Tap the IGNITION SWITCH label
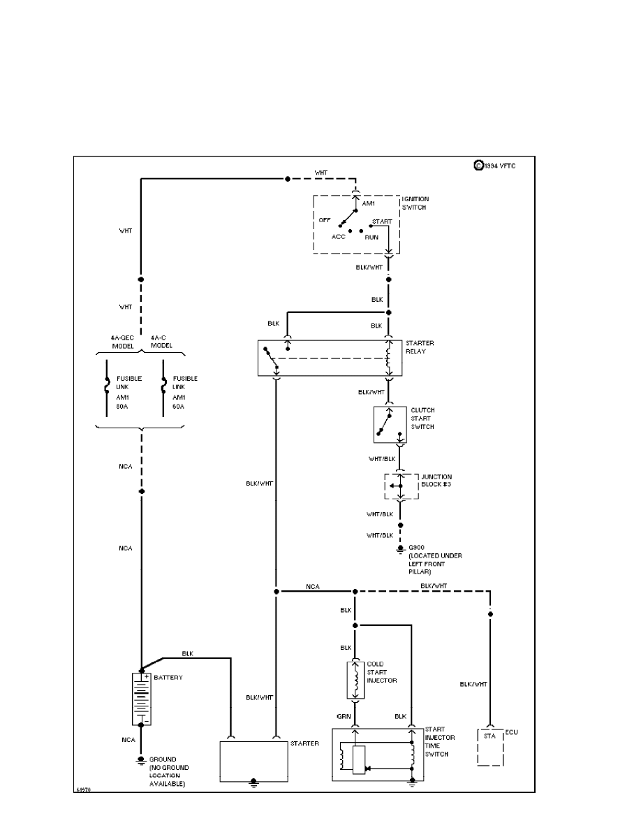pyautogui.click(x=415, y=203)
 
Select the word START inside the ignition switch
pyautogui.click(x=383, y=221)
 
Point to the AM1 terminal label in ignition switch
pyautogui.click(x=369, y=203)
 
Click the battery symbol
pyautogui.click(x=141, y=699)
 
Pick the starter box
pyautogui.click(x=254, y=762)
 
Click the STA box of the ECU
pyautogui.click(x=489, y=736)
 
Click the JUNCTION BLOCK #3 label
pyautogui.click(x=436, y=480)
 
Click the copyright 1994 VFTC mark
pyautogui.click(x=495, y=166)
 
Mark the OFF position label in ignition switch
pyautogui.click(x=325, y=219)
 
